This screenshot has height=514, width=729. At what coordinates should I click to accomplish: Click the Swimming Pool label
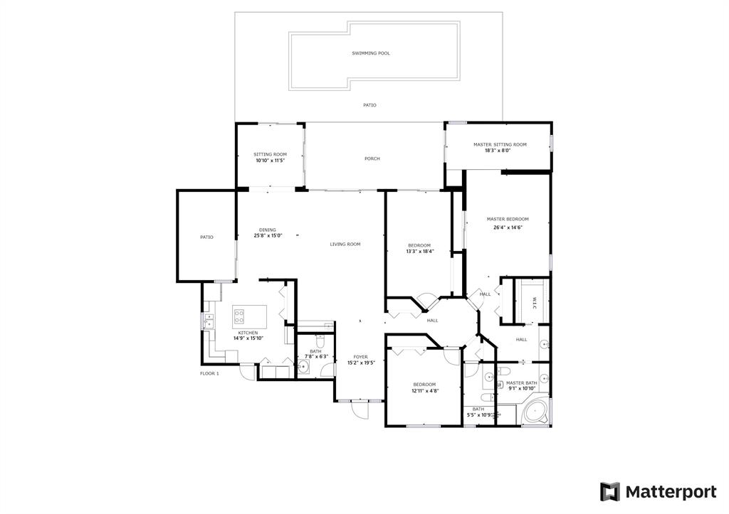pos(370,53)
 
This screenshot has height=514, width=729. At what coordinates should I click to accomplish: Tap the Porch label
pos(372,159)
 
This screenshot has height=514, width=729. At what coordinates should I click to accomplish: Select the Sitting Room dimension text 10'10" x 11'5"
pos(270,161)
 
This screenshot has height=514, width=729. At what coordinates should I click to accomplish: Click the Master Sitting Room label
pos(500,144)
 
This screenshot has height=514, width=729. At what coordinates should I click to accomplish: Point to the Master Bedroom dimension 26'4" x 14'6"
pos(508,227)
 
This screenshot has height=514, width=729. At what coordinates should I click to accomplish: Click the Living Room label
pos(345,245)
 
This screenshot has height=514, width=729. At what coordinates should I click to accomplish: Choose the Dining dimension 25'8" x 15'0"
pos(268,235)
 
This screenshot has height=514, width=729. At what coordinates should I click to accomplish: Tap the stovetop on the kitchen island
pos(239,316)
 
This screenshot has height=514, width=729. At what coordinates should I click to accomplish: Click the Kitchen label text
pos(248,333)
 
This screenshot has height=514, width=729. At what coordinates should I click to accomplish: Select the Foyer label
pos(360,357)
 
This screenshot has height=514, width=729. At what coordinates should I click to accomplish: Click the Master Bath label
pos(521,383)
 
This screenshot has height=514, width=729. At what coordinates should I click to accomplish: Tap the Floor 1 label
pos(209,373)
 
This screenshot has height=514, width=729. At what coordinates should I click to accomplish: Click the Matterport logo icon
pos(609,492)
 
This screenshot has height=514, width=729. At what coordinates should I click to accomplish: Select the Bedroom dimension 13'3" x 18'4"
pos(419,252)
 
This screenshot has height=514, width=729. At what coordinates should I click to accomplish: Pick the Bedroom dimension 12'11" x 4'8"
pos(424,390)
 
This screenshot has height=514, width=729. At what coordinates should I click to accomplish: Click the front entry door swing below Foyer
pos(360,409)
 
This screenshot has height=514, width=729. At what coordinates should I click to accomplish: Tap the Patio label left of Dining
pos(206,237)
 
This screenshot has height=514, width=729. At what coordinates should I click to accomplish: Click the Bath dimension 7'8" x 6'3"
pos(316,357)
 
